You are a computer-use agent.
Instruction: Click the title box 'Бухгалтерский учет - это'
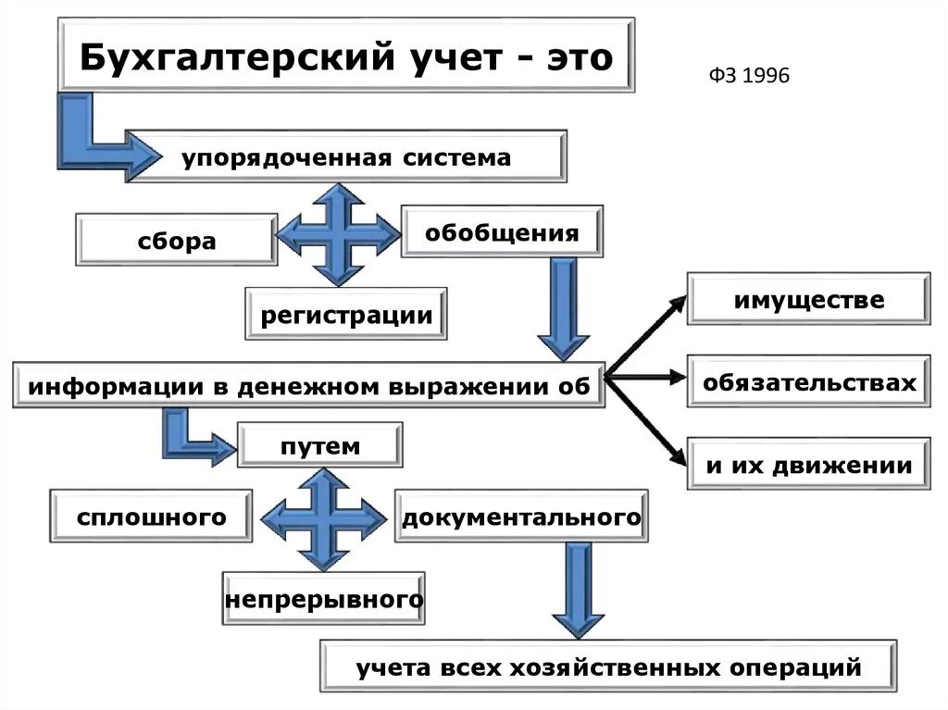coord(346,56)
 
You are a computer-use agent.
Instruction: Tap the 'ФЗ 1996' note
coord(750,76)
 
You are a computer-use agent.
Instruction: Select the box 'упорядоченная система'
coord(345,156)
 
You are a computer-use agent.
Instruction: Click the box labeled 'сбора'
coord(177,241)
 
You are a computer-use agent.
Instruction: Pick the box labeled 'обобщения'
coord(502,232)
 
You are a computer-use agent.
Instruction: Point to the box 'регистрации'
coord(346,315)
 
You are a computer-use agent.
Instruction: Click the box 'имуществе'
coord(808,299)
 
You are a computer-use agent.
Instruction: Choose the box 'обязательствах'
coord(808,381)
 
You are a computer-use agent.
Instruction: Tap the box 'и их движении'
coord(808,464)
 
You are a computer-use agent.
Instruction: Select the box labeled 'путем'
coord(319,446)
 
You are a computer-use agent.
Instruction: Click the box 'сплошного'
coord(151,517)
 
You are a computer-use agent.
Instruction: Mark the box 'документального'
coord(521,517)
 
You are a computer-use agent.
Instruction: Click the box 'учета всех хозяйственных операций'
coord(608,666)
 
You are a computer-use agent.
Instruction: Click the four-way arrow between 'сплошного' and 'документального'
coord(323,517)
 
